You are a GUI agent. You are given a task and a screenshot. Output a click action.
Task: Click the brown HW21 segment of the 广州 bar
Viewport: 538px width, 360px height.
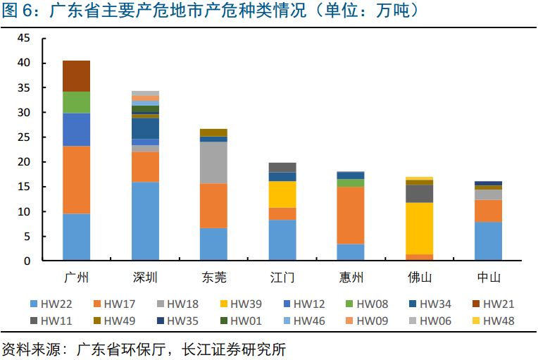point(76,76)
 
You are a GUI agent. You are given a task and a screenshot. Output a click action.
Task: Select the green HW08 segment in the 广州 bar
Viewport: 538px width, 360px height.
point(76,103)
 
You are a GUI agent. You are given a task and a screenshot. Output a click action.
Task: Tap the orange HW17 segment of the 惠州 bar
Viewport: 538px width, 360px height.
point(351,215)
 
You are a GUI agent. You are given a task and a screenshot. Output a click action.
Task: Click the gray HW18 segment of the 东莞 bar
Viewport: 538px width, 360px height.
point(213,163)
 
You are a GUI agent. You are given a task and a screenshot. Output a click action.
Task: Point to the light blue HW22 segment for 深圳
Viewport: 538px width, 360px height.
point(145,221)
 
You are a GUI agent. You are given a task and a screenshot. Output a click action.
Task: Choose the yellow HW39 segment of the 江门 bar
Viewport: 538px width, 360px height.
point(282,194)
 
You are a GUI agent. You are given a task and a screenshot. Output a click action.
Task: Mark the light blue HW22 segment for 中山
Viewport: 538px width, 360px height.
point(488,241)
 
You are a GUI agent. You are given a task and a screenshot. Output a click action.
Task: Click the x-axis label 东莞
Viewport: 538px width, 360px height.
point(213,277)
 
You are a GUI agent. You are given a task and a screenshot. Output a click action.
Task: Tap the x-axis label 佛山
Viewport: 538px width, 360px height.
point(420,277)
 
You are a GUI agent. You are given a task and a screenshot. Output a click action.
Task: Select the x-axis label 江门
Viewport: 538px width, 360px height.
point(282,277)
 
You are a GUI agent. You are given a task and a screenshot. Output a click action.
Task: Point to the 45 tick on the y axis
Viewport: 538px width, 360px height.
point(24,38)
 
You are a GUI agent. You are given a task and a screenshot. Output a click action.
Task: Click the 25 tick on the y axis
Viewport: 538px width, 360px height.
point(24,137)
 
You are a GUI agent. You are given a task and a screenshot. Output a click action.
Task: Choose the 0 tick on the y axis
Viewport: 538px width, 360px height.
point(27,261)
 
